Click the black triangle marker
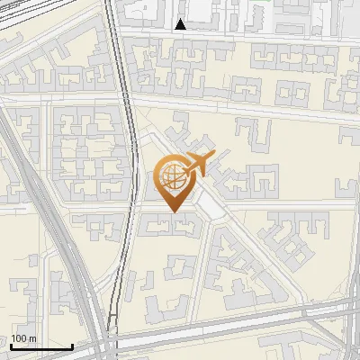pyautogui.click(x=181, y=25)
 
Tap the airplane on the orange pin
pyautogui.click(x=194, y=165)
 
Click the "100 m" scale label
pyautogui.click(x=23, y=338)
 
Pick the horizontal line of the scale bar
pyautogui.click(x=41, y=347)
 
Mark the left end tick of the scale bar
pyautogui.click(x=11, y=346)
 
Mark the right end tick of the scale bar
pyautogui.click(x=72, y=346)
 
